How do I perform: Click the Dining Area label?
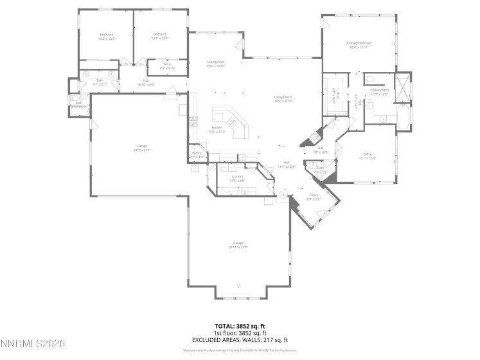[216, 63]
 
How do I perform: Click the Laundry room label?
[237, 178]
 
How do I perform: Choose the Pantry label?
[197, 155]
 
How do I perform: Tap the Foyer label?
[314, 197]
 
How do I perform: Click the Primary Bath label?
[379, 92]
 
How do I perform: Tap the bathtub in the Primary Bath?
[403, 118]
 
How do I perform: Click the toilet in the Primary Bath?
[372, 79]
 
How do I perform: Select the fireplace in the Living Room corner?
[313, 136]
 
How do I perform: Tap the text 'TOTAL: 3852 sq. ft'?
[240, 327]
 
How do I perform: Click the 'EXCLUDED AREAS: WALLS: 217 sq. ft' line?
[240, 339]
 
